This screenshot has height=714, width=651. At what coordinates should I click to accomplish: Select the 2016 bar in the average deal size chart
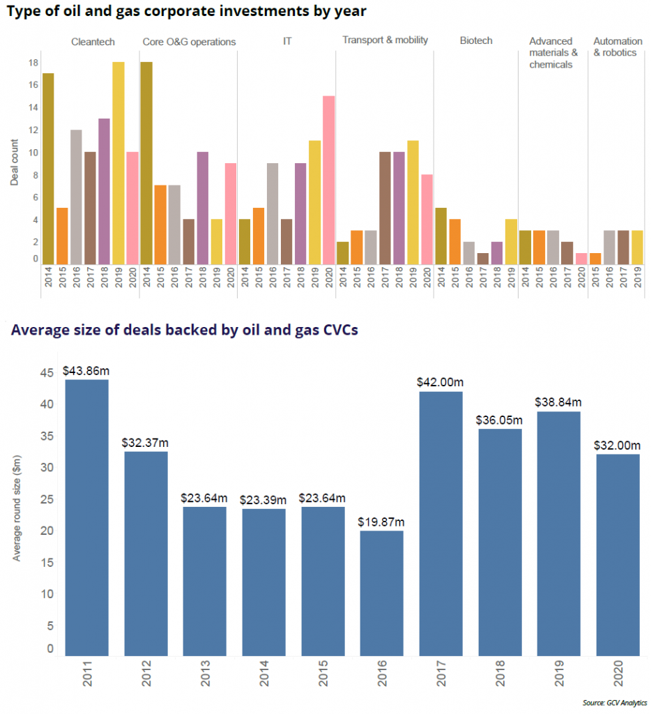coord(382,592)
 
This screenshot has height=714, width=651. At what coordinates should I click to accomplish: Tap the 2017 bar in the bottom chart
coord(441,523)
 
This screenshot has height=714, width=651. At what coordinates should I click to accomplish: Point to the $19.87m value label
coord(381,522)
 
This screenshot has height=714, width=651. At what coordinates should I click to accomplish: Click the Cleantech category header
coord(93,42)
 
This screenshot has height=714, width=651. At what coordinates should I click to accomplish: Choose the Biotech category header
coord(476,40)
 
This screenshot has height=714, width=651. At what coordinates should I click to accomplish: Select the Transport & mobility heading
coord(385,40)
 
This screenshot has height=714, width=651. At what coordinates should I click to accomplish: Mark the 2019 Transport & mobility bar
coord(412,202)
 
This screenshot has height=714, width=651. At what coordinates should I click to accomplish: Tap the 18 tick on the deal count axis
coord(33,63)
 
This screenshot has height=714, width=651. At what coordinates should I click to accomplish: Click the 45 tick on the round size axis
coord(47,373)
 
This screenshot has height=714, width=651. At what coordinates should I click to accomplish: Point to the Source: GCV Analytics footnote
coord(615,702)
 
